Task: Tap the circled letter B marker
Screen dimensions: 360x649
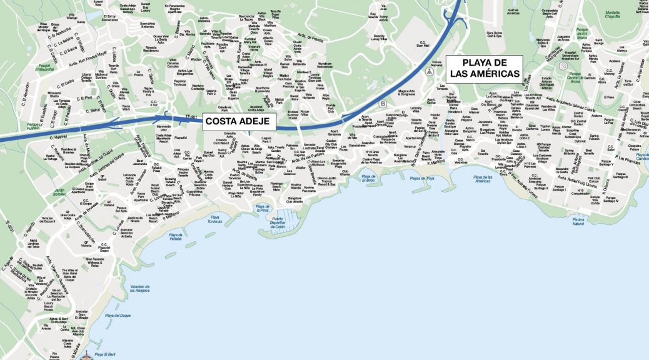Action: click(x=382, y=104)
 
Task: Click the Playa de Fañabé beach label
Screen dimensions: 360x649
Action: click(x=175, y=237)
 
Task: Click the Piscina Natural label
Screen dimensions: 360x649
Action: click(x=578, y=221)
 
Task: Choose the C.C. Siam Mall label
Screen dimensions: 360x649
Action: click(x=422, y=44)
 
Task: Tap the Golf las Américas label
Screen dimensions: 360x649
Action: click(x=513, y=12)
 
